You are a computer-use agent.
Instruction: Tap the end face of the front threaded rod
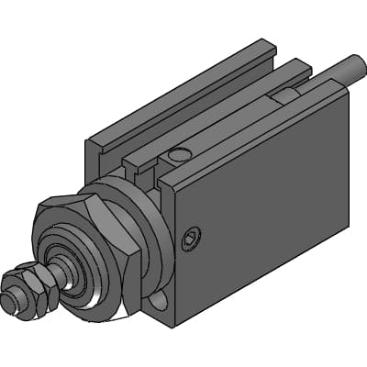(14, 300)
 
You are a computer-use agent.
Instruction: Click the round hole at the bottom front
(160, 301)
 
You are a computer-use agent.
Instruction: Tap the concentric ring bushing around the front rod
(92, 275)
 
